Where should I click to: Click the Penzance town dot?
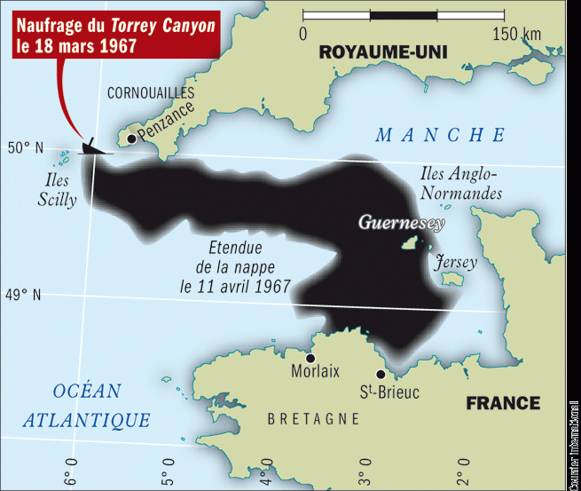tap(131, 139)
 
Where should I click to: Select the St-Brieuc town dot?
tap(381, 375)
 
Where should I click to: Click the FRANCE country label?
tap(503, 403)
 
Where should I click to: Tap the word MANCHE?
tap(440, 135)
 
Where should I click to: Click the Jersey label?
tap(455, 263)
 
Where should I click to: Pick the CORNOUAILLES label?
tap(151, 92)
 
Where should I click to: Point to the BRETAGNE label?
tap(313, 418)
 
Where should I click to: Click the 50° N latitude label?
tap(26, 147)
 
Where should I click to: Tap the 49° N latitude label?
tap(26, 295)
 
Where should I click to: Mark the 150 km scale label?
tap(516, 34)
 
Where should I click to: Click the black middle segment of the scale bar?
tap(403, 14)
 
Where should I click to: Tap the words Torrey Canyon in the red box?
tap(163, 26)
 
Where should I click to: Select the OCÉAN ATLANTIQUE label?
tap(87, 406)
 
